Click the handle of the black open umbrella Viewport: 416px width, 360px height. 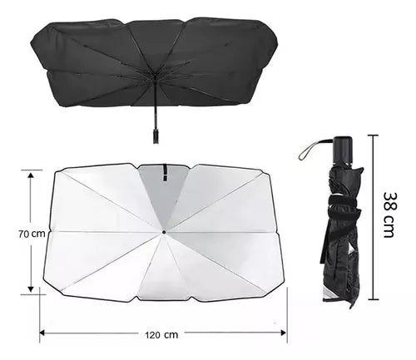(x=155, y=134)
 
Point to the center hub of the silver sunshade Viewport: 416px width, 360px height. (x=164, y=231)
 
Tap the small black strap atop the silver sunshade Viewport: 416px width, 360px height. (x=165, y=171)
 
